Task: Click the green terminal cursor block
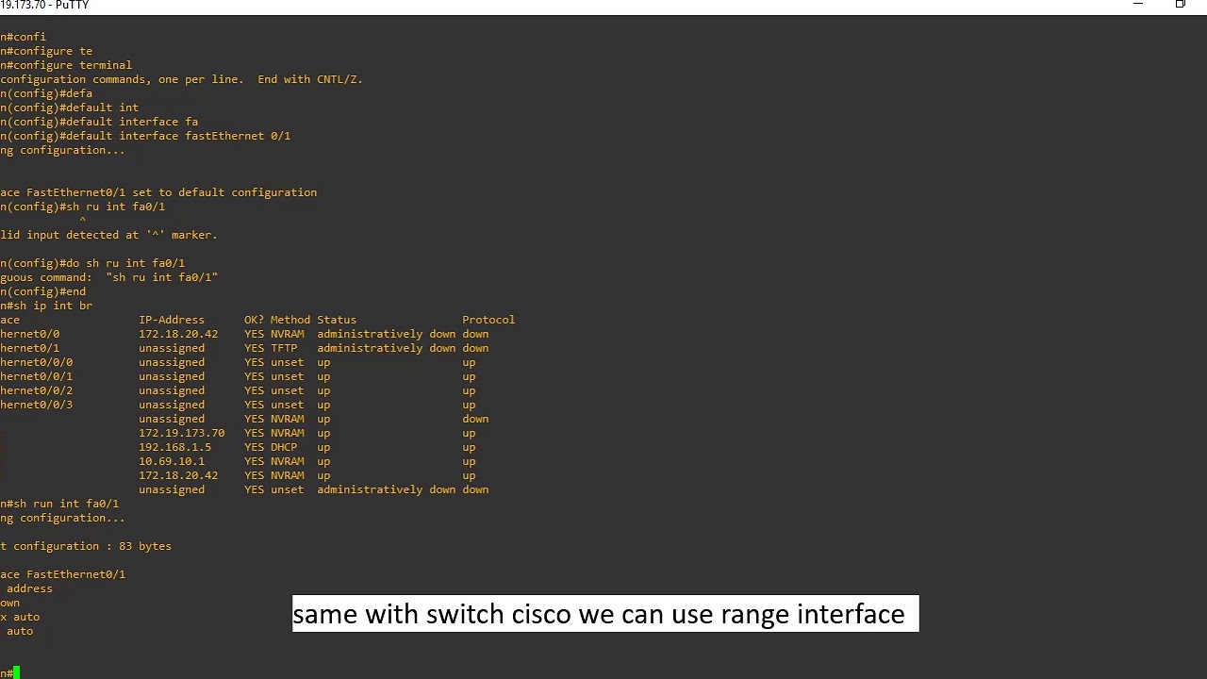point(17,672)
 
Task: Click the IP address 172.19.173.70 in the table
point(182,433)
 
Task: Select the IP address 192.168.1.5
point(175,447)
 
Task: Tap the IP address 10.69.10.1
point(172,461)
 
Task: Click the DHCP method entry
point(284,447)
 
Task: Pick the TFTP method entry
point(284,348)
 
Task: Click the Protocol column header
point(488,320)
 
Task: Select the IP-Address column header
point(172,320)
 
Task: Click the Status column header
point(337,320)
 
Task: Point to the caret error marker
point(82,220)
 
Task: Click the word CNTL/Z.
point(339,79)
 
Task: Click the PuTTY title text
point(73,5)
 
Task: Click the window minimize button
point(1138,4)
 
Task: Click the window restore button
point(1180,4)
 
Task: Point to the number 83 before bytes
point(125,546)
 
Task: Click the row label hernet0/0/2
point(36,390)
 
